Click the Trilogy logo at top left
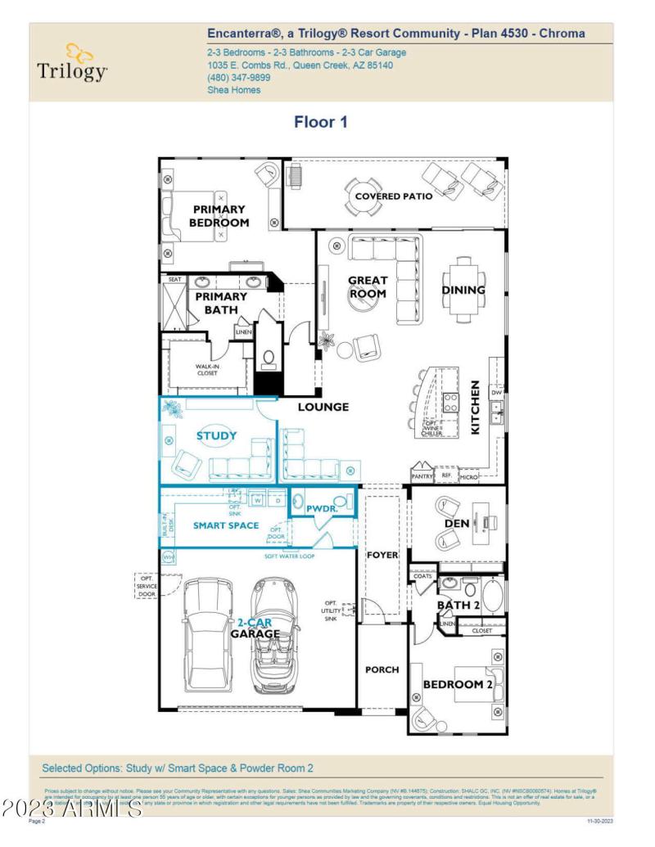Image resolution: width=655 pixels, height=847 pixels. [72, 64]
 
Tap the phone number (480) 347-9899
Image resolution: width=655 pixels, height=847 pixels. [239, 78]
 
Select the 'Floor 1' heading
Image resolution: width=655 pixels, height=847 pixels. [321, 122]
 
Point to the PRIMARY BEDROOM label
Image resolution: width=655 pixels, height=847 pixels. [219, 216]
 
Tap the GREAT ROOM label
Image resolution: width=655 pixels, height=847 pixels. [368, 287]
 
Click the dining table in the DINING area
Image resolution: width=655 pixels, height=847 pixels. [463, 290]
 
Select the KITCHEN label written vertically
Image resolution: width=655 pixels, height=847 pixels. [475, 407]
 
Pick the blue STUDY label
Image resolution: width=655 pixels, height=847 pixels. [216, 436]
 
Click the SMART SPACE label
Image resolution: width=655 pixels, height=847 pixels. [226, 525]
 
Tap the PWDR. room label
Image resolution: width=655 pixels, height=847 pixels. [322, 509]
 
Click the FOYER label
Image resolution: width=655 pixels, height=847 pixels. [382, 555]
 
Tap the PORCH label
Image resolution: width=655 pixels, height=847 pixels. [382, 669]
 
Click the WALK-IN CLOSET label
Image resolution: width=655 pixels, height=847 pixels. [206, 370]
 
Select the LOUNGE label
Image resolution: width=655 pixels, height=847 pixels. [323, 407]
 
